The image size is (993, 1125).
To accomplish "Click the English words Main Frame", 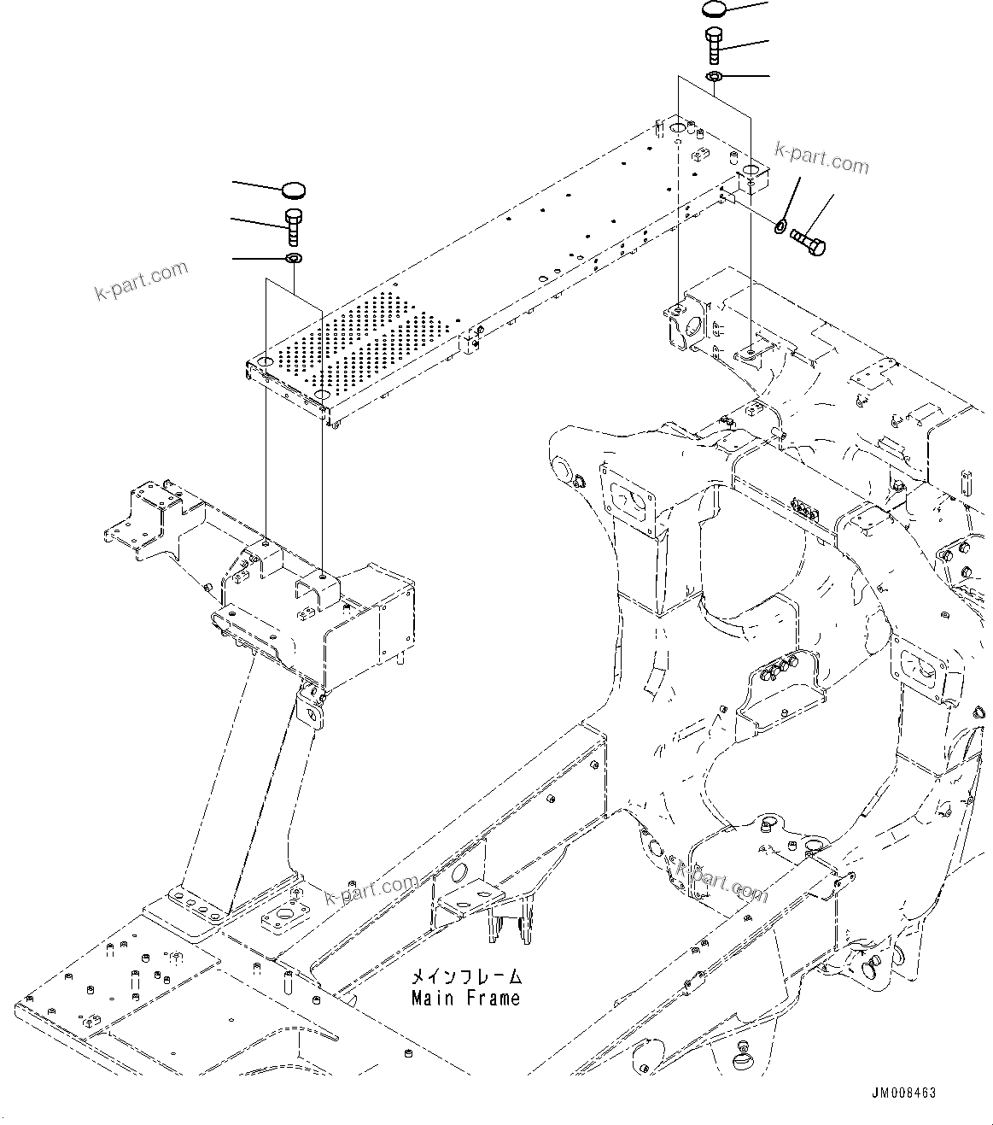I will (x=465, y=998).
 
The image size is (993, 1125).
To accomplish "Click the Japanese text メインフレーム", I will (x=465, y=976).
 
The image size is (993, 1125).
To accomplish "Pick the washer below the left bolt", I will (x=294, y=258).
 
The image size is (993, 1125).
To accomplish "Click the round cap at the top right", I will (x=715, y=9).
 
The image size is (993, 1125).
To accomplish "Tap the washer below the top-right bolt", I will (x=715, y=78).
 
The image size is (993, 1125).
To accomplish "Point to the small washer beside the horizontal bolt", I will (x=780, y=226).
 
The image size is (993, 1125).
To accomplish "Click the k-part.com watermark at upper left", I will (x=141, y=282).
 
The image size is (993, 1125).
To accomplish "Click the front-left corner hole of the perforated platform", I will (x=264, y=365).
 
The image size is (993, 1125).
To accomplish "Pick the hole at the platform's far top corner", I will (x=675, y=128).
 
